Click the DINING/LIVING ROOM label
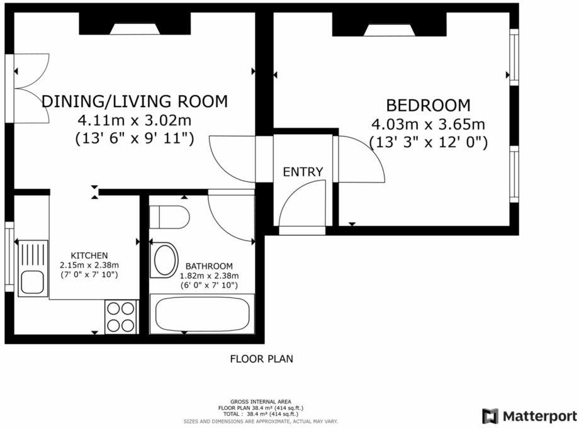point(134,101)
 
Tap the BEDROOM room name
point(428,105)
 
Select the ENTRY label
point(303,172)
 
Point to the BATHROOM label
point(209,266)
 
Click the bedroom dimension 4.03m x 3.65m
point(428,124)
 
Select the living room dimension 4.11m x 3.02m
point(134,120)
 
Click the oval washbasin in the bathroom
point(166,259)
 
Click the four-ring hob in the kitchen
point(121,317)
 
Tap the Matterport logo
point(529,416)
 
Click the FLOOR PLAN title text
point(261,359)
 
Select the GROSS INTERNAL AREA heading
point(261,401)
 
